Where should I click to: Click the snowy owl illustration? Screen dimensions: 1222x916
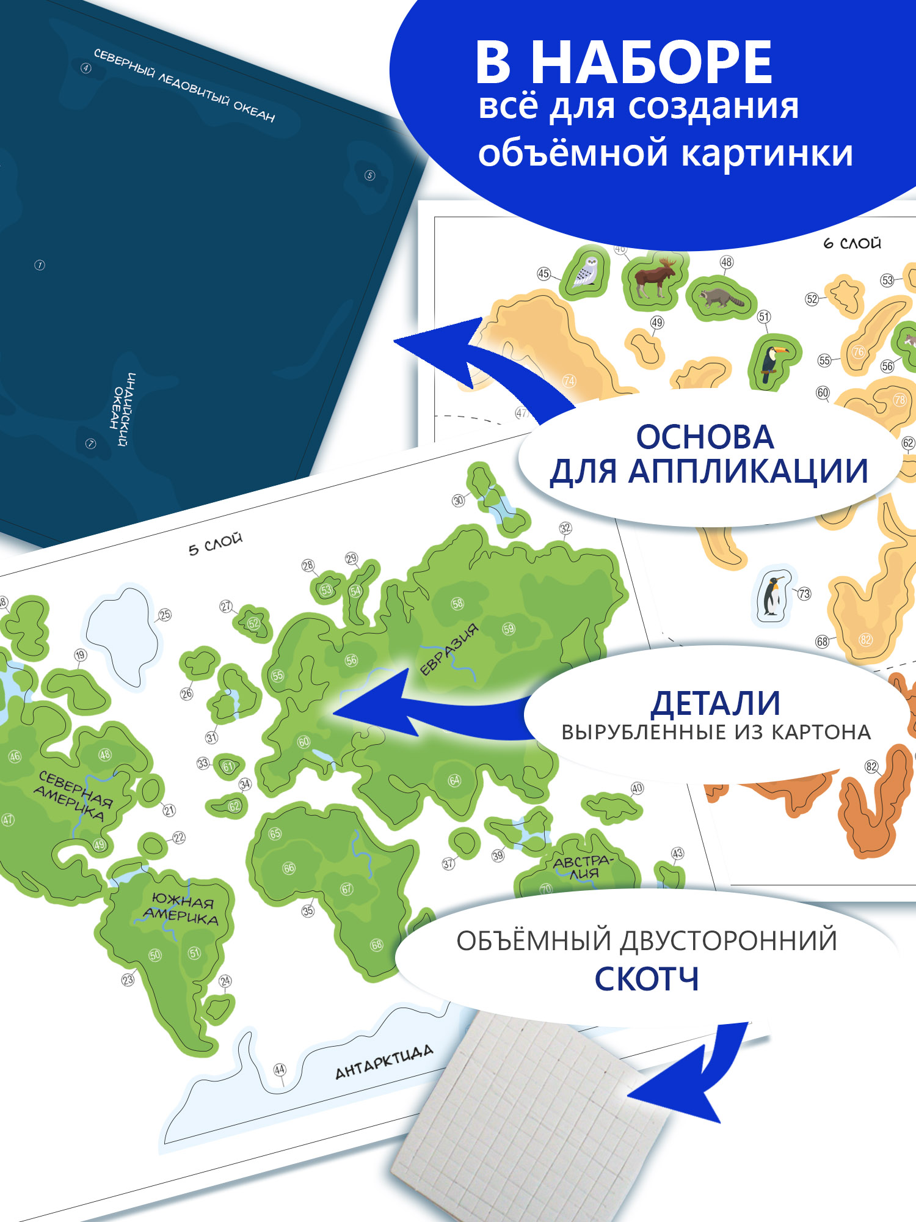coord(587,271)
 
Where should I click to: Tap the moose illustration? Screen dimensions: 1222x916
coord(655,278)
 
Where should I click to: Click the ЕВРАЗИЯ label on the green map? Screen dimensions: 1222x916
coord(449,651)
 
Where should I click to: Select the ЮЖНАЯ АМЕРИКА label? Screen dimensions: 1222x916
coord(181,909)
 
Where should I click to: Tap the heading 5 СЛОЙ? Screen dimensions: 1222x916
coord(215,544)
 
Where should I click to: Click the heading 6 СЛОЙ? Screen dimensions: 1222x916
coord(852,243)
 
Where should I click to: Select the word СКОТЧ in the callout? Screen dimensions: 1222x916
coord(647,979)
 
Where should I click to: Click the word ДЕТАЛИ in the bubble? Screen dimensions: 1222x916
coord(715,703)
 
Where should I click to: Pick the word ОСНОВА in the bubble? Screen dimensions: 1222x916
coord(705,437)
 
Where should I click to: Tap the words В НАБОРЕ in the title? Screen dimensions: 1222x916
coord(623,62)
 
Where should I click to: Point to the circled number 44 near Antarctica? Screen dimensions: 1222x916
coord(280,1070)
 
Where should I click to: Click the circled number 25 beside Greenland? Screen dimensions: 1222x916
coord(165,615)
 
